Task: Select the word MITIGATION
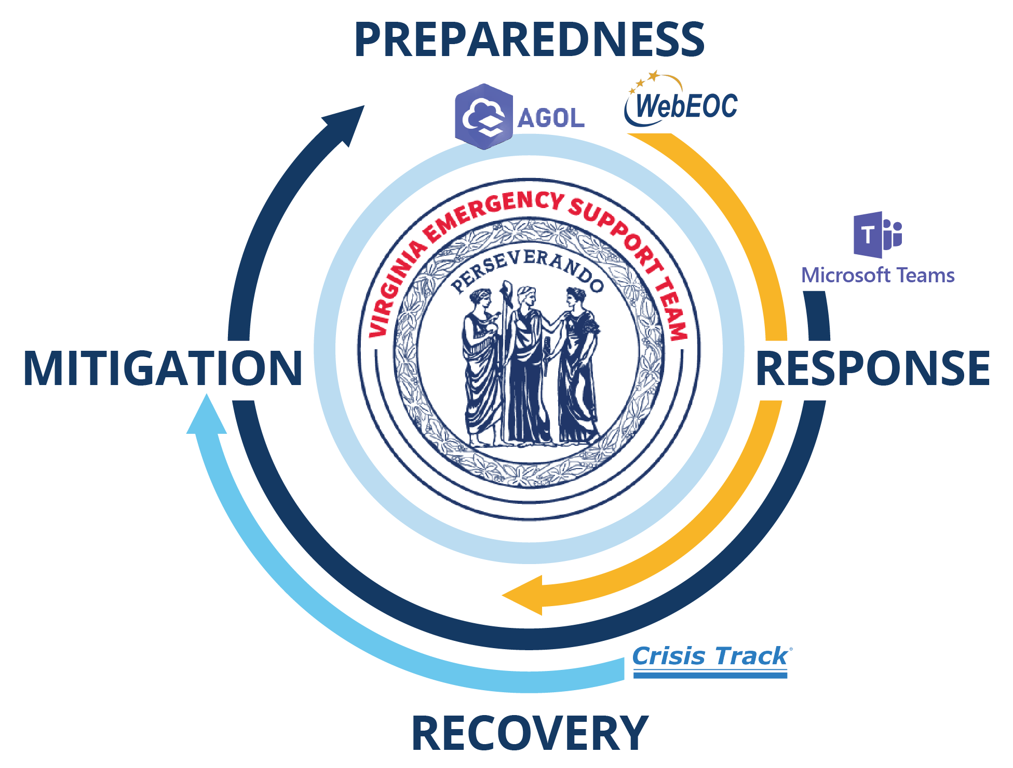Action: (x=163, y=368)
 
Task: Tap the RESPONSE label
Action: (x=873, y=368)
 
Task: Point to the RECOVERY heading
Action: (x=530, y=733)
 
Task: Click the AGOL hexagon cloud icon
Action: (x=484, y=117)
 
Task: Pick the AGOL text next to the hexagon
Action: (x=551, y=118)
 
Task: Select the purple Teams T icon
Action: (x=878, y=235)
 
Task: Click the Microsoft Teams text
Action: (x=878, y=275)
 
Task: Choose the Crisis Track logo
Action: (x=712, y=661)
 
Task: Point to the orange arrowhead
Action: (x=522, y=595)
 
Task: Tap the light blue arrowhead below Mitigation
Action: (x=207, y=414)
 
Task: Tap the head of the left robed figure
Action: (x=480, y=299)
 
